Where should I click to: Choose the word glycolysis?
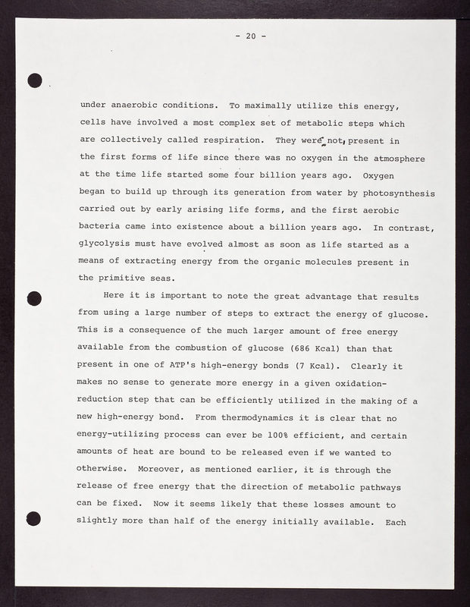pyautogui.click(x=107, y=245)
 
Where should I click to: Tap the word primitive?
pyautogui.click(x=131, y=280)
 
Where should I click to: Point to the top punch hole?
pyautogui.click(x=33, y=80)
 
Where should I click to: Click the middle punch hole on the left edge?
pyautogui.click(x=33, y=297)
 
